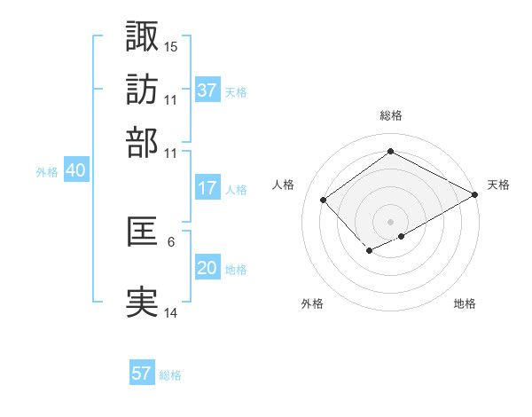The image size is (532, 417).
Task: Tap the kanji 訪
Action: click(142, 89)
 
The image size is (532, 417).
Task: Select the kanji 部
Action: click(142, 143)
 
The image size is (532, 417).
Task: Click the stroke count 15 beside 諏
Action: click(171, 45)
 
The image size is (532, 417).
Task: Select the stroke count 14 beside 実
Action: click(171, 312)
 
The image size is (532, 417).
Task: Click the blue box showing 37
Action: click(207, 90)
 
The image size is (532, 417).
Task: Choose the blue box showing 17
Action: click(207, 188)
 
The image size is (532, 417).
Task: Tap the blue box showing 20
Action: click(207, 268)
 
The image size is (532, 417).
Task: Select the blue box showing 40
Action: click(75, 170)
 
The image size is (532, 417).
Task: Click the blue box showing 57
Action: click(142, 374)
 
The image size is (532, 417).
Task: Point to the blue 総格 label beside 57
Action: click(170, 375)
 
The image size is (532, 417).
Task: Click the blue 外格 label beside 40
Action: click(47, 172)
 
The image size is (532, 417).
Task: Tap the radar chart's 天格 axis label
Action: click(498, 185)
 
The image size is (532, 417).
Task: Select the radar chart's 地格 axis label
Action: click(465, 304)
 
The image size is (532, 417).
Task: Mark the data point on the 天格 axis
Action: click(475, 195)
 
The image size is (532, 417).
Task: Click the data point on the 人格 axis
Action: click(324, 200)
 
